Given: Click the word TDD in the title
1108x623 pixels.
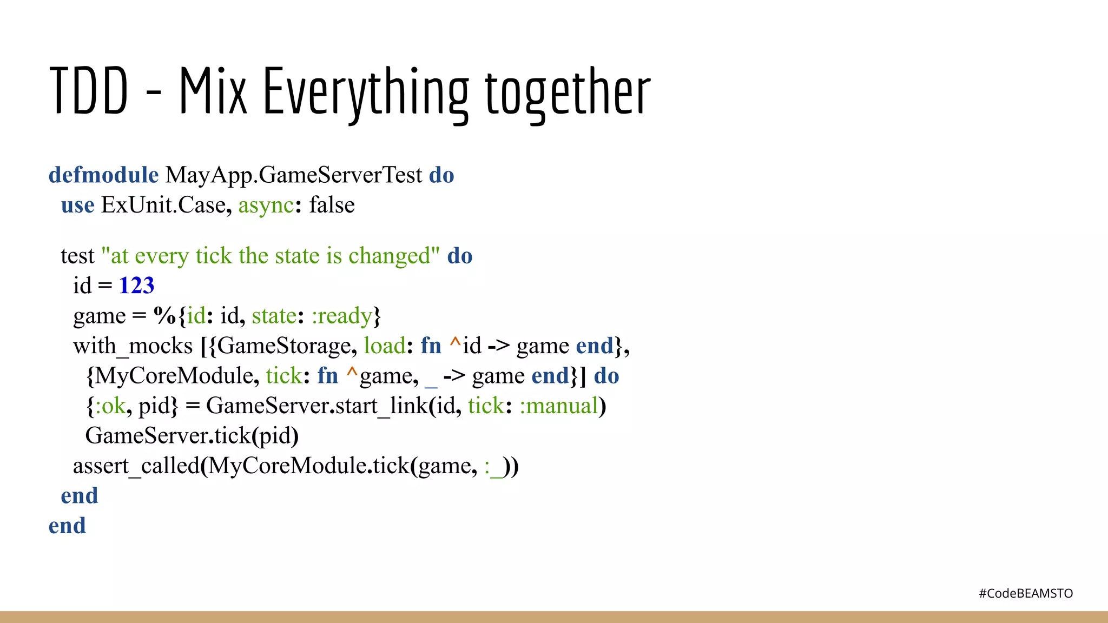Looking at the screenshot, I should click(x=89, y=91).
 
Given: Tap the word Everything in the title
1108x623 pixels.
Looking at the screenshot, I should click(x=366, y=92).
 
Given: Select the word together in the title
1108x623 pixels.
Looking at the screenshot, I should click(x=568, y=92).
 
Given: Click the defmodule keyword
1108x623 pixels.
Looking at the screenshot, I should click(x=103, y=175).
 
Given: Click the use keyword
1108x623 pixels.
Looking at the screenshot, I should click(x=77, y=206).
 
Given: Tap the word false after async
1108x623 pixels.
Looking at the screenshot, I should click(x=332, y=206).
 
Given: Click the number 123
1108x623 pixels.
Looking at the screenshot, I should click(x=136, y=286).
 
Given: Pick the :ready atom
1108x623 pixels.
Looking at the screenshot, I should click(x=342, y=316).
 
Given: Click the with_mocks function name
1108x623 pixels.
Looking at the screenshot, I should click(x=133, y=346).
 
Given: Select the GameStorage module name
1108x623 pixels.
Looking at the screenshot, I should click(x=284, y=346).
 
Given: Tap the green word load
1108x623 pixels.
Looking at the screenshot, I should click(x=384, y=346).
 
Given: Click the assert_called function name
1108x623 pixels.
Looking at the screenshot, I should click(x=136, y=466).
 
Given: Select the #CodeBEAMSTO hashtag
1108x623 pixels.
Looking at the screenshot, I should click(x=1025, y=594).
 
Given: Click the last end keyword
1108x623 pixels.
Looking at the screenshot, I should click(x=67, y=526).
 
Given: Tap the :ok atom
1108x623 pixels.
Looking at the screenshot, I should click(x=110, y=406).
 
